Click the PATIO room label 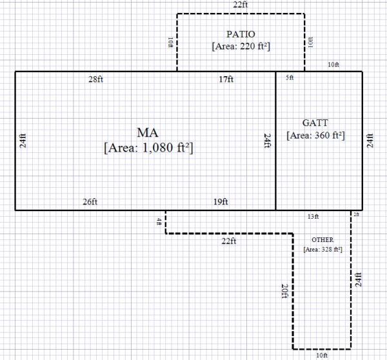pyautogui.click(x=240, y=34)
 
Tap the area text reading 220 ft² pyautogui.click(x=240, y=46)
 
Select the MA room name pyautogui.click(x=148, y=132)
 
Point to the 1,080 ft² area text pyautogui.click(x=148, y=148)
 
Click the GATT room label pyautogui.click(x=315, y=123)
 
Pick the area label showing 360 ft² pyautogui.click(x=315, y=135)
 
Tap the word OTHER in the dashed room pyautogui.click(x=322, y=239)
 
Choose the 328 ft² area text pyautogui.click(x=322, y=248)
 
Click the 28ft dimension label pyautogui.click(x=96, y=79)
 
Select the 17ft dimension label pyautogui.click(x=226, y=79)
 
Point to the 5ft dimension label pyautogui.click(x=289, y=78)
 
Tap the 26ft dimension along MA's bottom pyautogui.click(x=90, y=202)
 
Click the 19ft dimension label pyautogui.click(x=220, y=202)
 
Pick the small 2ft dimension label pyautogui.click(x=355, y=214)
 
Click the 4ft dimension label pyautogui.click(x=159, y=222)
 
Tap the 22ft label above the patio pyautogui.click(x=241, y=5)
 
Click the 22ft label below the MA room pyautogui.click(x=229, y=241)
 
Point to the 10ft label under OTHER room pyautogui.click(x=321, y=355)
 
